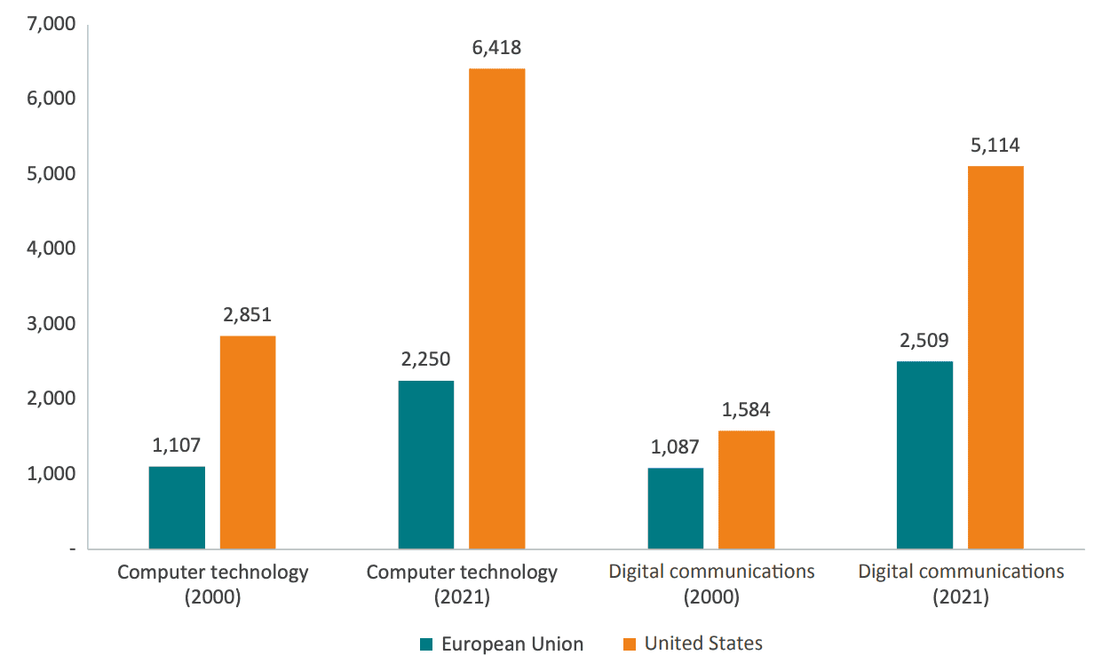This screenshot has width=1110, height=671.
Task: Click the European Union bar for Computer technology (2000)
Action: pos(177,508)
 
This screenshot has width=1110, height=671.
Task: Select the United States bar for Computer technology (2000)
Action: pos(248,442)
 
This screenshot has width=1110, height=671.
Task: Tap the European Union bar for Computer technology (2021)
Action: pos(426,464)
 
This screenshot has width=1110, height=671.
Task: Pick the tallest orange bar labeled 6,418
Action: pos(497,309)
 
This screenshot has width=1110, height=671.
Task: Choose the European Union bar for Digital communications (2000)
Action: pos(676,509)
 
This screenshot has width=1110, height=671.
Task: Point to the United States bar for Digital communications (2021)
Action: pos(995,358)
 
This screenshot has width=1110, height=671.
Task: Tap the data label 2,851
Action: pos(248,314)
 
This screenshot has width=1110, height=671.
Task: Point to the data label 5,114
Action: pos(995,146)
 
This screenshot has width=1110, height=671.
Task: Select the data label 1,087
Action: pos(676,446)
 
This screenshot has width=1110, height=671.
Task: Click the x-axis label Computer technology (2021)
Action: pos(463,584)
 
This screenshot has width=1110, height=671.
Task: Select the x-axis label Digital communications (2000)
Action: pos(711,584)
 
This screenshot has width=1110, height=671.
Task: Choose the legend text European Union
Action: pos(512,644)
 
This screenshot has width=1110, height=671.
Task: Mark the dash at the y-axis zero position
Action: pos(71,549)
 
